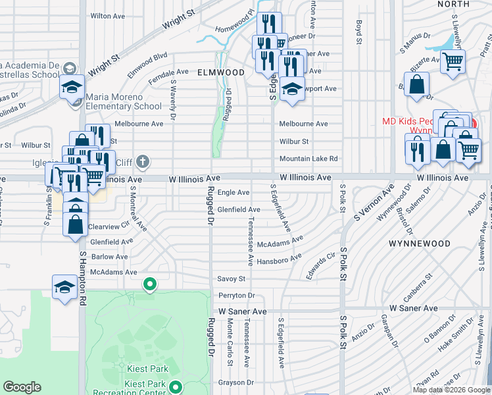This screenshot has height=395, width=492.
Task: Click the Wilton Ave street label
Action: tap(109, 15)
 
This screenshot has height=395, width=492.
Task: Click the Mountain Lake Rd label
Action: tap(308, 159)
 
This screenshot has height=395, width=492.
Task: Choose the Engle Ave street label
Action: tap(234, 192)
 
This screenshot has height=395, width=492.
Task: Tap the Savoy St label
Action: tap(231, 279)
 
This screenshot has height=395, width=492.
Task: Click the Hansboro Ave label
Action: tap(279, 260)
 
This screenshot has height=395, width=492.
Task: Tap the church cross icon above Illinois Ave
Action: tap(143, 161)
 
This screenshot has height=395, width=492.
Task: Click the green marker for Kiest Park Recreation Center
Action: tap(175, 388)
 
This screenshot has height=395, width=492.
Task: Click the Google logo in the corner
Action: tap(22, 387)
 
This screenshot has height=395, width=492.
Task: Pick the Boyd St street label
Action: tap(359, 32)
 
